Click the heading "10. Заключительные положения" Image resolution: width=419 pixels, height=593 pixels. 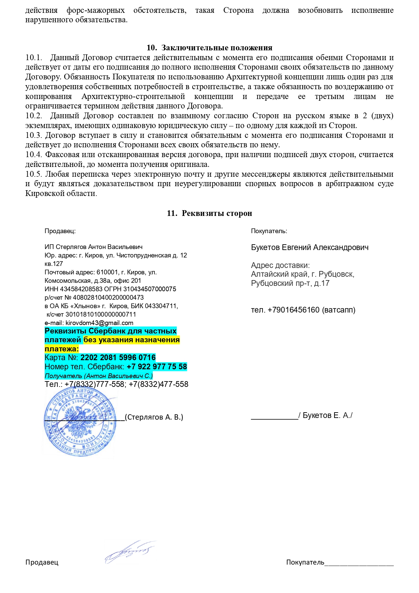click(x=209, y=48)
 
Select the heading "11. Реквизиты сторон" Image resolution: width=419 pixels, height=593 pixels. click(x=209, y=213)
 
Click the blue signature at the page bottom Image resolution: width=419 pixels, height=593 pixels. click(x=130, y=552)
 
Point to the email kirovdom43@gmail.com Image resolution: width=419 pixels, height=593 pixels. click(x=99, y=323)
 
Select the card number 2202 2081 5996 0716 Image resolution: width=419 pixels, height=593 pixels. click(x=118, y=357)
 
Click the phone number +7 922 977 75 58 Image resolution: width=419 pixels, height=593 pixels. click(x=157, y=367)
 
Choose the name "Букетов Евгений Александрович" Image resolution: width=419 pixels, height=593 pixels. click(x=310, y=247)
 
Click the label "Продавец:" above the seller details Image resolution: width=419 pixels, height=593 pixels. click(x=60, y=231)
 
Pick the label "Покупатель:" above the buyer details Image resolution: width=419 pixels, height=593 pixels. click(x=269, y=231)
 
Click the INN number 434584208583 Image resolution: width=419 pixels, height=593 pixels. click(x=81, y=289)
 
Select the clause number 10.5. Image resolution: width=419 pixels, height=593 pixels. click(x=34, y=174)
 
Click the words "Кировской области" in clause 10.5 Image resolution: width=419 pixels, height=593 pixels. click(x=61, y=194)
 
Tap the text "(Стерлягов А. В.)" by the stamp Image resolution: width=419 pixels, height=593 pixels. click(x=154, y=417)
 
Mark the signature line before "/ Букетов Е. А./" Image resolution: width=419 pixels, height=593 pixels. click(x=274, y=418)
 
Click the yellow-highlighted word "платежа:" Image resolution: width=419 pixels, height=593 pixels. click(x=61, y=349)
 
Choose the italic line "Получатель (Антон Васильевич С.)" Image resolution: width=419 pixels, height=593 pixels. click(x=99, y=376)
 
